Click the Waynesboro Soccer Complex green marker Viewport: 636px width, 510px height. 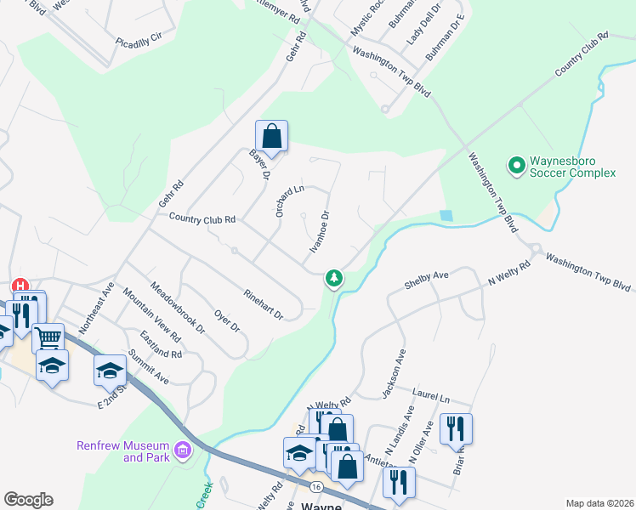(515, 164)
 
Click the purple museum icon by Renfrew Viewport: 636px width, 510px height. (182, 450)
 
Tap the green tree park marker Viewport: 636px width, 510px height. (334, 278)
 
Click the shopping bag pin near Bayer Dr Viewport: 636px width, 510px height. (271, 136)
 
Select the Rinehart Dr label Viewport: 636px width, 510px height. (262, 303)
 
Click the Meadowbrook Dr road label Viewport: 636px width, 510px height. (178, 307)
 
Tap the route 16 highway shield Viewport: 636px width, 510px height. (315, 487)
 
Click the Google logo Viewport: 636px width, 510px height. (27, 500)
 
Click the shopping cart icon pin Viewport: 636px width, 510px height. (48, 337)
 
